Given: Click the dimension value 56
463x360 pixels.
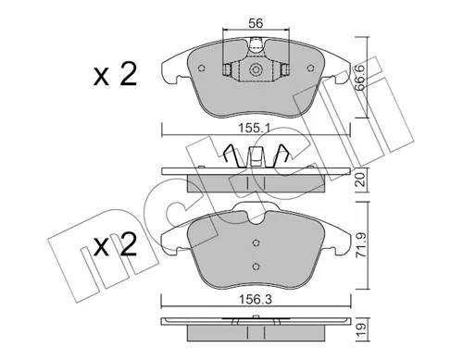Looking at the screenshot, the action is click(256, 23).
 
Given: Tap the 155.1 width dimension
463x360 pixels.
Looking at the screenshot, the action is click(255, 128).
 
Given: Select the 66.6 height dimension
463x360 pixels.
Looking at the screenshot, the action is click(360, 78).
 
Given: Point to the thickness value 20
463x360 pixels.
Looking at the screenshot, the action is click(360, 180).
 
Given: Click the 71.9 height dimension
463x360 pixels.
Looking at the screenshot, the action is click(360, 245).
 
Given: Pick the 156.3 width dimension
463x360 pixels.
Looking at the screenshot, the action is click(256, 299).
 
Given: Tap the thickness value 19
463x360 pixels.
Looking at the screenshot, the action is click(360, 329).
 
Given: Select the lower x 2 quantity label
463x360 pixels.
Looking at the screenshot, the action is click(116, 244).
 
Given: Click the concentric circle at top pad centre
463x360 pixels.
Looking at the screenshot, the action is click(256, 69).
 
